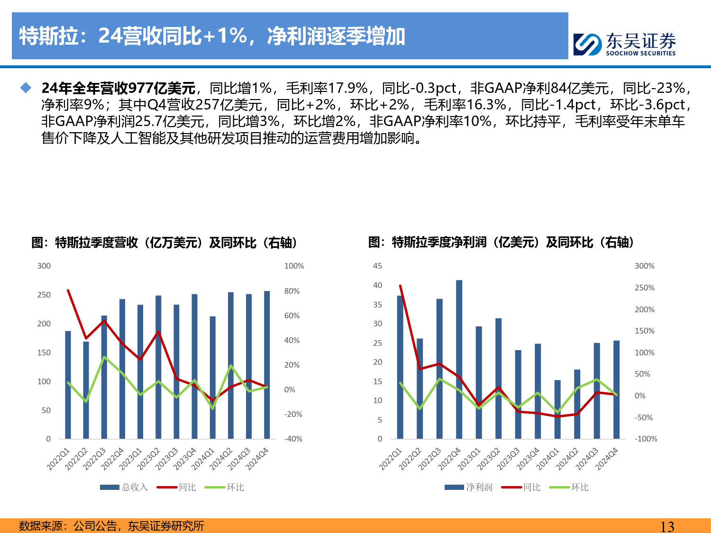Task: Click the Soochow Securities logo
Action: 625,44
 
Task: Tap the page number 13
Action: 667,526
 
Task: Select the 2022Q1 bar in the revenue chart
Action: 68,385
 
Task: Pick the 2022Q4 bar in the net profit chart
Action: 459,359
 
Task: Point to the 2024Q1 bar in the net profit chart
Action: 557,409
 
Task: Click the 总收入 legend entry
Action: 124,487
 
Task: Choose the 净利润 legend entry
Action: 468,487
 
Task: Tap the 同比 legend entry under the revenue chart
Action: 176,487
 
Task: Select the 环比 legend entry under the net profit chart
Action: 569,487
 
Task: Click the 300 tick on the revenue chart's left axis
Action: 44,266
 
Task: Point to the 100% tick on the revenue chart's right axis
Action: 294,266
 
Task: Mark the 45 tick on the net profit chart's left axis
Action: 378,266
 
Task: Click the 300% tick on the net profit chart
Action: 645,266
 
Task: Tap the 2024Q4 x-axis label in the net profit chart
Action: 607,459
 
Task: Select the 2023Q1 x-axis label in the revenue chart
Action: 130,459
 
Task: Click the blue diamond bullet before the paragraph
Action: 26,88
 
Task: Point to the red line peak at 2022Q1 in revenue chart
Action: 68,290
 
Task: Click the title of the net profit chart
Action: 501,243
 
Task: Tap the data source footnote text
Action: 111,526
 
